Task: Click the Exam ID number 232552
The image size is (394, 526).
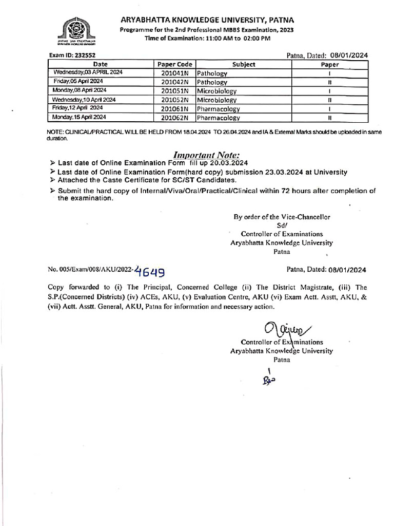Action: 82,55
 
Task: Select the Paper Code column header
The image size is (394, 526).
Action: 174,64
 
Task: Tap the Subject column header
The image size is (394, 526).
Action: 243,64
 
